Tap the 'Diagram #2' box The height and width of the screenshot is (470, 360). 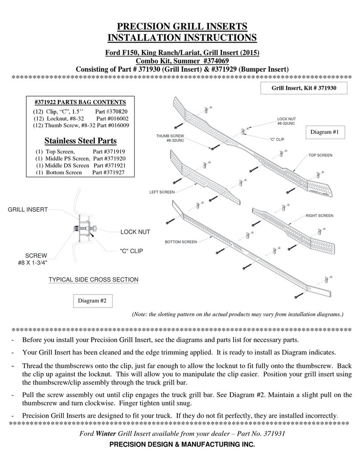click(92, 301)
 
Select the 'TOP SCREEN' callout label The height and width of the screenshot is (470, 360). click(321, 155)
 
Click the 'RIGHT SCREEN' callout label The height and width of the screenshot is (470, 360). click(319, 216)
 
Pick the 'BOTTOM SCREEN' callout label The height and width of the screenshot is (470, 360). click(180, 242)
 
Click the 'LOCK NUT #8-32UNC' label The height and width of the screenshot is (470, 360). click(286, 121)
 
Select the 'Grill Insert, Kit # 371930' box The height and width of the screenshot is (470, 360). click(304, 89)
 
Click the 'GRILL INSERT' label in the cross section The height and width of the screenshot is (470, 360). click(28, 209)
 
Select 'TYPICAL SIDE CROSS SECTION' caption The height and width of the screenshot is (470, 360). click(93, 280)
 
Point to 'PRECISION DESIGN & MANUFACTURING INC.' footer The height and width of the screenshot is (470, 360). click(182, 445)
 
